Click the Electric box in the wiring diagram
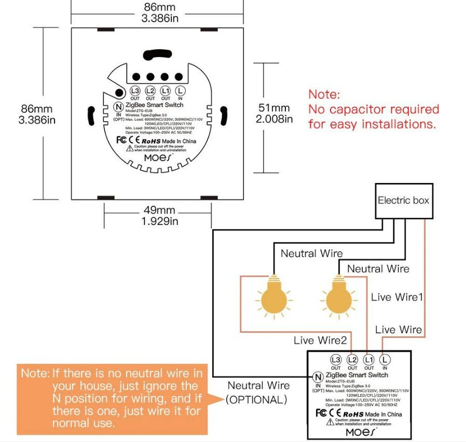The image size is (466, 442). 403,200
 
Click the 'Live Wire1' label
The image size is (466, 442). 398,297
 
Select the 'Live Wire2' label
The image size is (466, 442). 320,340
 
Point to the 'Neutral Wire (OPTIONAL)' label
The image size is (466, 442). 258,392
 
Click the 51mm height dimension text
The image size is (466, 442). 274,113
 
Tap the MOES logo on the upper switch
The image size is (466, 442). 158,157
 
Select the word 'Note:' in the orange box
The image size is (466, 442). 35,373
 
